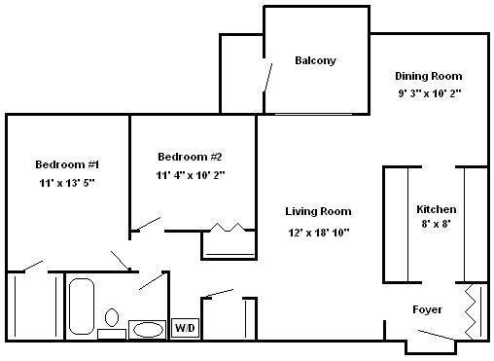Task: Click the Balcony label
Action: (315, 60)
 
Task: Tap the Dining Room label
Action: (429, 76)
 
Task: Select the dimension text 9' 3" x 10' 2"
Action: (430, 93)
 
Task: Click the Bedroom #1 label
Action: (67, 164)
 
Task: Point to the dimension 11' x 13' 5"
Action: (67, 183)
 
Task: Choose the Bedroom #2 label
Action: (190, 157)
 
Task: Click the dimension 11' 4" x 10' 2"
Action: (191, 175)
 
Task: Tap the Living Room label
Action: (318, 211)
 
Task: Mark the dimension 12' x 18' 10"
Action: (319, 233)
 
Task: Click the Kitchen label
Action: (437, 209)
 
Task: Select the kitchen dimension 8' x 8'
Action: (436, 224)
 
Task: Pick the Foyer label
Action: (427, 309)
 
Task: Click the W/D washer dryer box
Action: (185, 328)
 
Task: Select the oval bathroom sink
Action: (148, 330)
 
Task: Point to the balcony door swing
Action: (267, 77)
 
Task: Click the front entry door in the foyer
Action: (436, 335)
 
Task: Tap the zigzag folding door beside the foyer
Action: (471, 312)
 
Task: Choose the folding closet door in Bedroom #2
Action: (228, 228)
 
